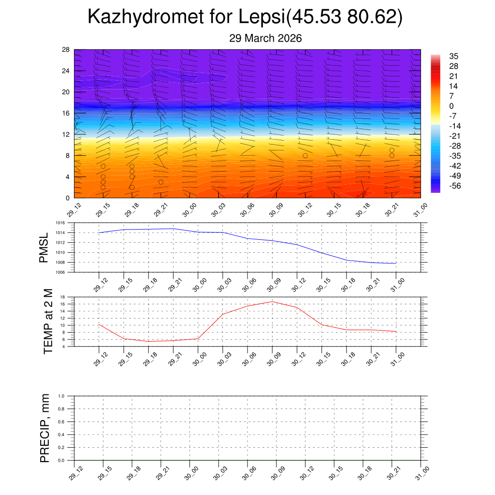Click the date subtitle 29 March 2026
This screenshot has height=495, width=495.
265,39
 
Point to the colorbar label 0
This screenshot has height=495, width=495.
451,106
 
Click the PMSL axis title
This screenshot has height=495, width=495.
44,248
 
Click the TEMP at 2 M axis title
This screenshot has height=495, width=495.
48,321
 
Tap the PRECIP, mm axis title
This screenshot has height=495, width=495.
45,428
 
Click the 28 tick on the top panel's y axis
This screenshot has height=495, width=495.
66,50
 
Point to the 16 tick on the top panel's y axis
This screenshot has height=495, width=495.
66,113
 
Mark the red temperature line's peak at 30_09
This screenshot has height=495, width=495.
272,302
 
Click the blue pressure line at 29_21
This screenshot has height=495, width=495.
173,229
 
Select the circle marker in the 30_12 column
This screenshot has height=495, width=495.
305,156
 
